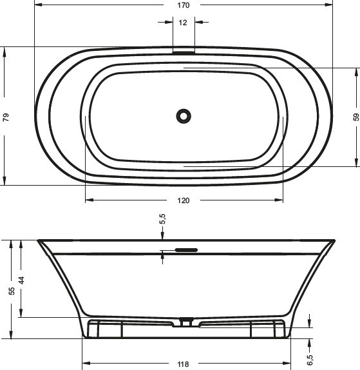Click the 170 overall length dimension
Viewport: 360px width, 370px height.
183,5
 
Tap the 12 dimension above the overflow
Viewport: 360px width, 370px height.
183,23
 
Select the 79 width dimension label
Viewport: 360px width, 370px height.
6,117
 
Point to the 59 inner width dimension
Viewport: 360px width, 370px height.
355,117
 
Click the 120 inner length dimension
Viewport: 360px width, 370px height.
183,200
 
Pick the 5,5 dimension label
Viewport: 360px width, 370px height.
163,219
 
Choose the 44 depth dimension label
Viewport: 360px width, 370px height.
21,280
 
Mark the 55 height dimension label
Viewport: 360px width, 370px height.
12,291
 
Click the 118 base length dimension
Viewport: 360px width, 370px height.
183,364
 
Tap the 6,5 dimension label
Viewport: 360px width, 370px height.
310,360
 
